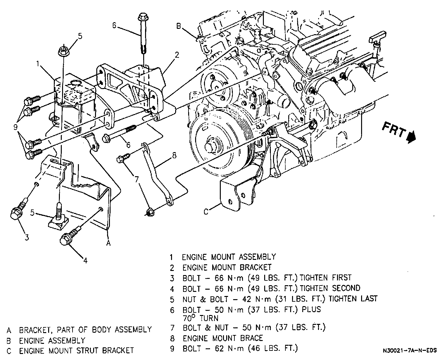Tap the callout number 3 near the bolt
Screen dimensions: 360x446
tap(27, 237)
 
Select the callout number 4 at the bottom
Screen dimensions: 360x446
tap(85, 261)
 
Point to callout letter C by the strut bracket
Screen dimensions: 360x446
tap(206, 211)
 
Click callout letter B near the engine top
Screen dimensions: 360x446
tap(179, 26)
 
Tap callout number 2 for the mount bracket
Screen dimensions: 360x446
tap(177, 55)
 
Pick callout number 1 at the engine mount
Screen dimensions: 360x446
tap(38, 64)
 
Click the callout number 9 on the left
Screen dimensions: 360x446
tap(15, 128)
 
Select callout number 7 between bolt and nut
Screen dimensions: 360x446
tap(137, 180)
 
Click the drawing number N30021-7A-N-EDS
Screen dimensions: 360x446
tap(410, 350)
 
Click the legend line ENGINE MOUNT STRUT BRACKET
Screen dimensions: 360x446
tap(76, 350)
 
